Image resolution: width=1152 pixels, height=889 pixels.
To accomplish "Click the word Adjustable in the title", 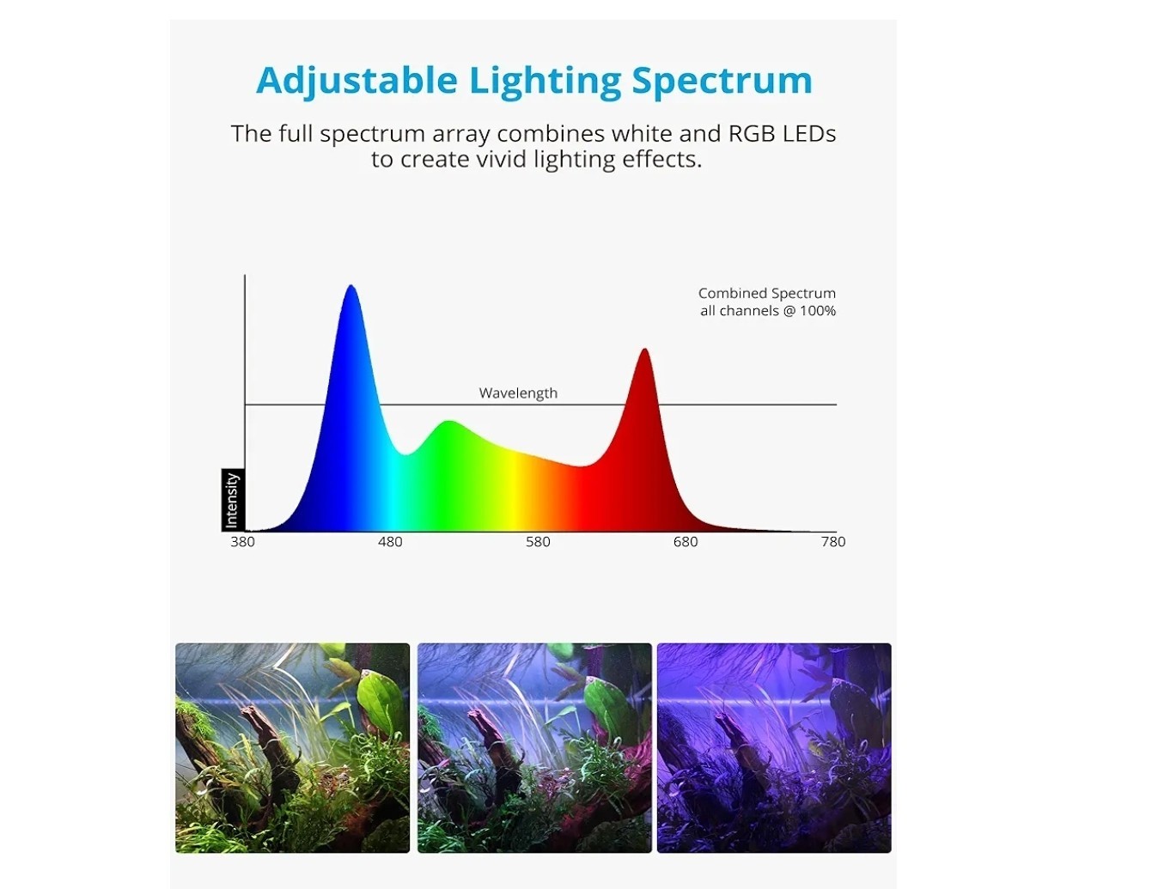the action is coord(357,81).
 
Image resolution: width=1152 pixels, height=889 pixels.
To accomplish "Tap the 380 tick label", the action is coord(242,542).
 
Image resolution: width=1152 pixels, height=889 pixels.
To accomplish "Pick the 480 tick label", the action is coord(390,542).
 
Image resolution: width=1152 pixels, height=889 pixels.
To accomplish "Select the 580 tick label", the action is coord(538,542).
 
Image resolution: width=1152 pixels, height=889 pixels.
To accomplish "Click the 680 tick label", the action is coord(686,542).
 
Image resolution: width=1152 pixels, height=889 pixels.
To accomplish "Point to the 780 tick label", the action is coord(833,542).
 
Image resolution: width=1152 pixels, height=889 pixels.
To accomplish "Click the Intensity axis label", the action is coord(232,500).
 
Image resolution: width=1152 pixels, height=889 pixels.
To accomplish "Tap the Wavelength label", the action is coord(518,393).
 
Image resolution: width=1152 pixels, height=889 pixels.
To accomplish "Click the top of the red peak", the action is coord(644,349).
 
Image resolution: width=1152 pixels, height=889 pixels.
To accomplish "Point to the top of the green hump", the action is coord(449,421).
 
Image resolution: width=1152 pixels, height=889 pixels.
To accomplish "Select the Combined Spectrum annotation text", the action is coord(766,294).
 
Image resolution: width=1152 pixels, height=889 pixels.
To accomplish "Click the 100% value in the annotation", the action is coord(818,310).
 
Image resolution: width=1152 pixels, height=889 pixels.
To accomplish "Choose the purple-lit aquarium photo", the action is coord(774,747).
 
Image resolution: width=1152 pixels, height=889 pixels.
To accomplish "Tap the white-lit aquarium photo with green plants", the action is coord(293,747).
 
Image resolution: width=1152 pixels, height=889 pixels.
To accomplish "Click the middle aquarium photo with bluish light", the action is coord(534,747).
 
